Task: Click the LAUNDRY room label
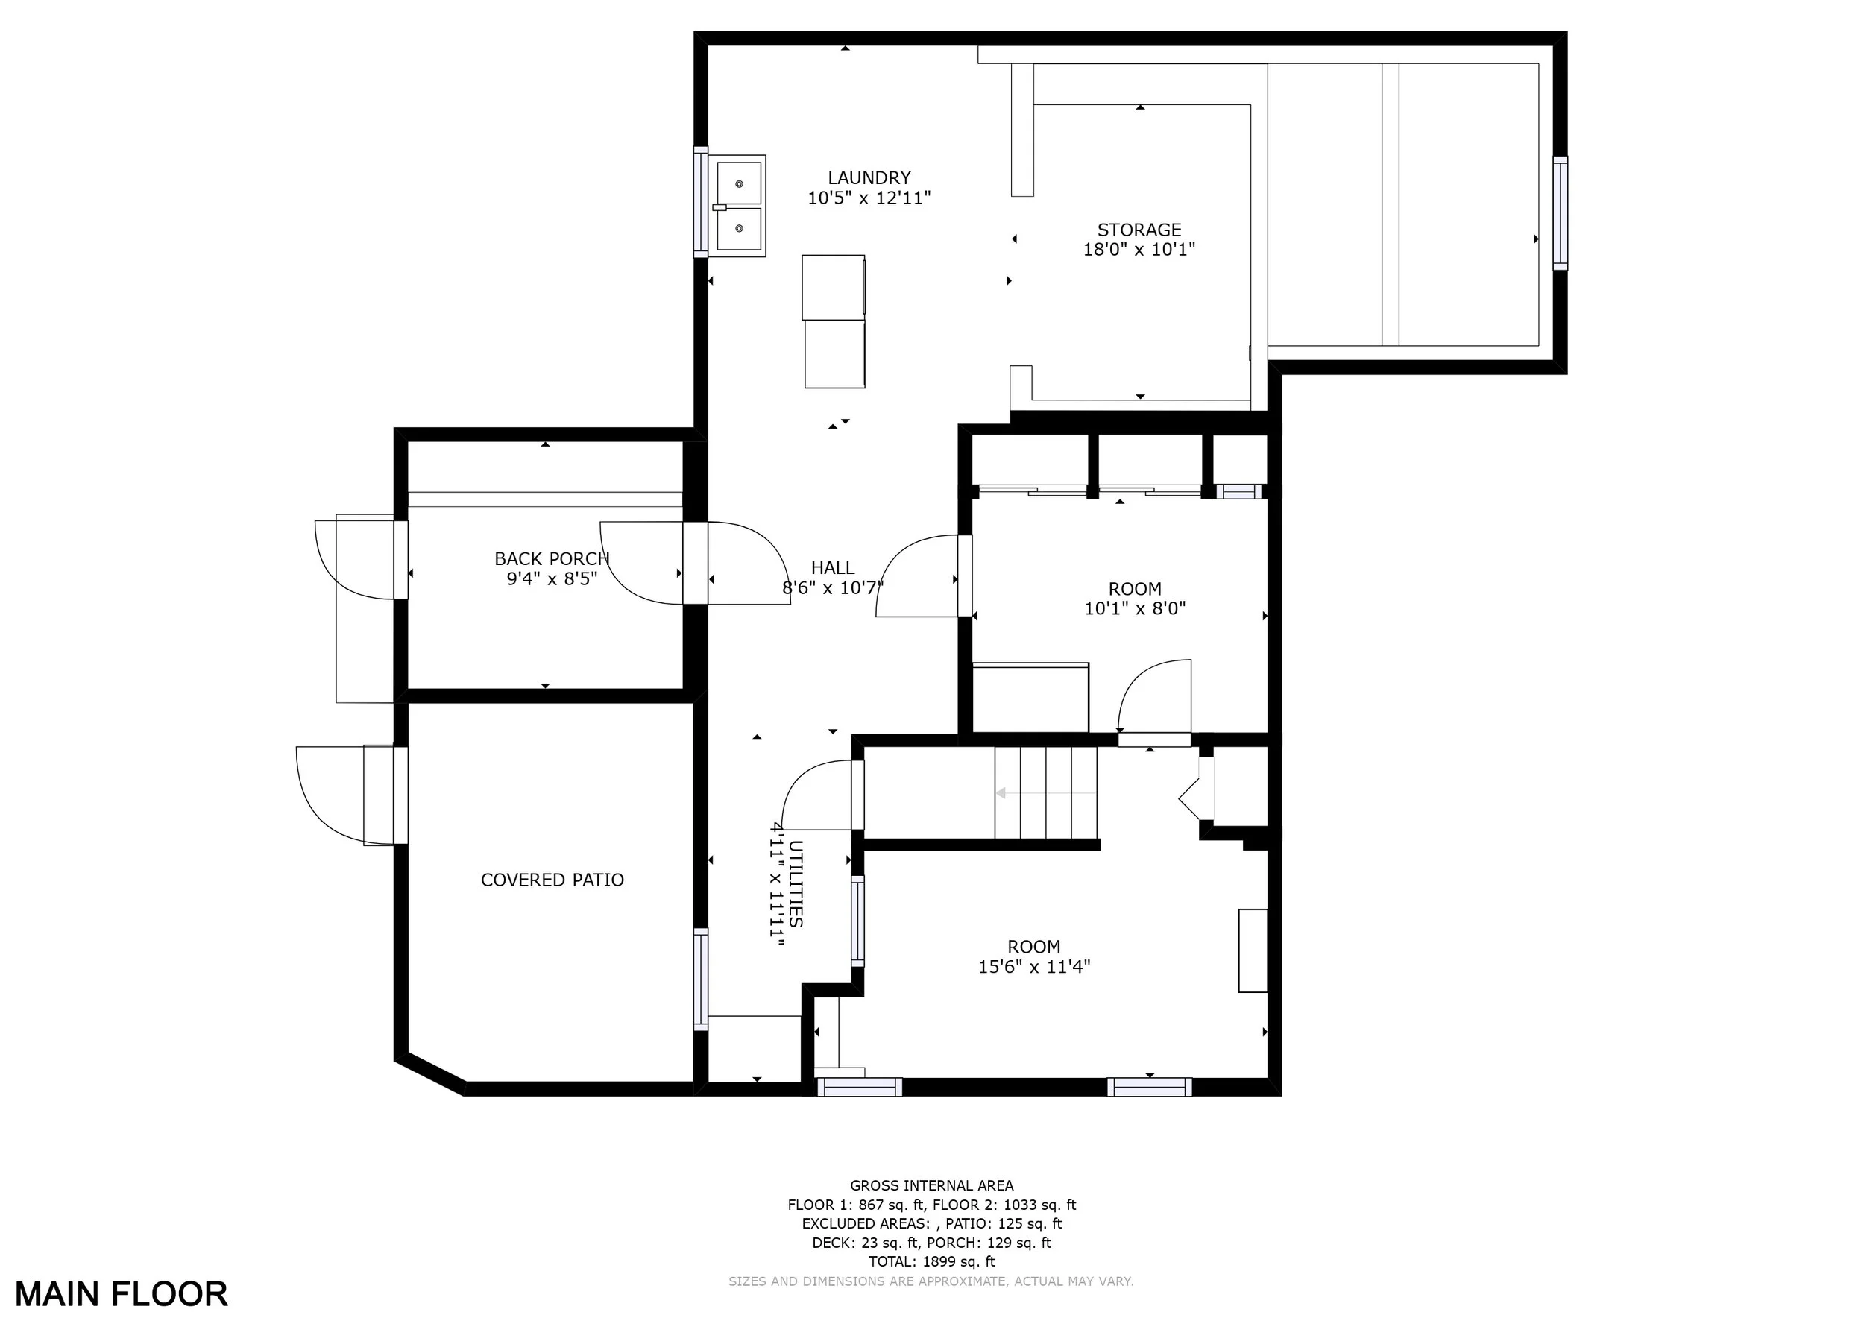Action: [869, 177]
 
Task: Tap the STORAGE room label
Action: [1139, 230]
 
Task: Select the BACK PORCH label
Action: [551, 558]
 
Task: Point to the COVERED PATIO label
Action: [552, 880]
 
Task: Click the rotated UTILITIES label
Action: [796, 884]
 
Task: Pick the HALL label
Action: [833, 568]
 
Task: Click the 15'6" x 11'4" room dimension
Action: [1034, 967]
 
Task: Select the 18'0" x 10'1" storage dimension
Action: [1139, 249]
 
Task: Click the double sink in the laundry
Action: [740, 206]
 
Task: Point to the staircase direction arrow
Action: [1047, 793]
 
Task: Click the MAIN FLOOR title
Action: [122, 1293]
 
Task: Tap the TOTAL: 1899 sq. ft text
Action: [931, 1261]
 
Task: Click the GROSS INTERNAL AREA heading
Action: [931, 1186]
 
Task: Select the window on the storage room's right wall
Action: [1561, 212]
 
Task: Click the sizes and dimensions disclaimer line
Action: [931, 1281]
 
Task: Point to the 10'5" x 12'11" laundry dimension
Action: [869, 198]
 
